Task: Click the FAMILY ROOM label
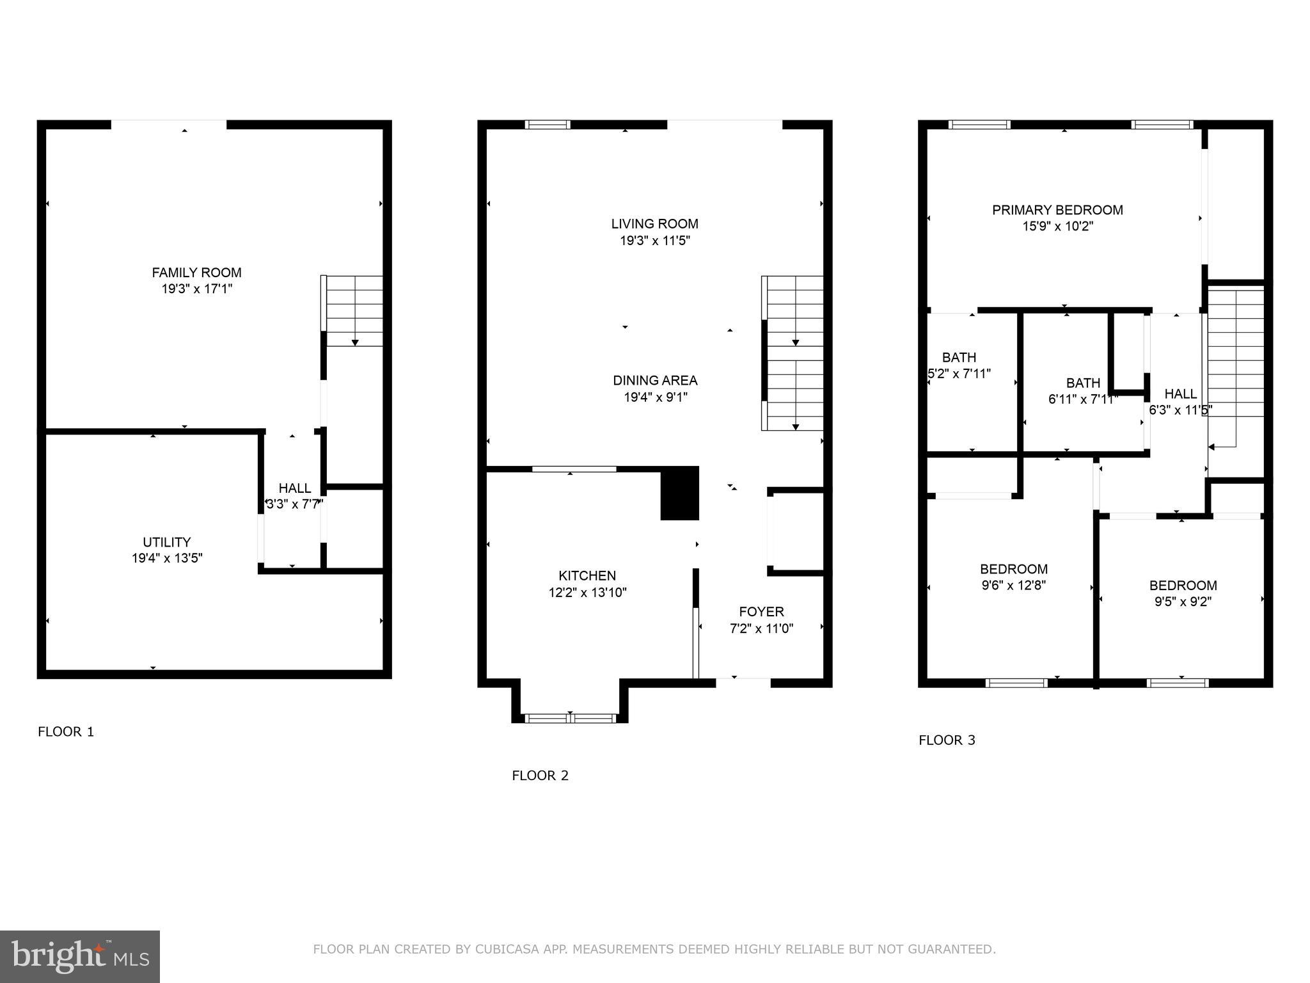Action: point(196,273)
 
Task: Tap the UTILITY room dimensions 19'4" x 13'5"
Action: point(167,558)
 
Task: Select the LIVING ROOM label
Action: point(654,224)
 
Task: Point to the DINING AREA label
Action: point(655,380)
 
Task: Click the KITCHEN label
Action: point(587,575)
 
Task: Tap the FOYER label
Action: point(761,611)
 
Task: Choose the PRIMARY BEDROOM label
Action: point(1057,210)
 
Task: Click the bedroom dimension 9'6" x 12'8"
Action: point(1013,585)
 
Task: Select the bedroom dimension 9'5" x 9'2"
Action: point(1183,602)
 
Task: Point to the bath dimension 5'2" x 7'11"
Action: point(959,374)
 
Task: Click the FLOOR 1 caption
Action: point(66,731)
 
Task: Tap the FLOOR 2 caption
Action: point(540,776)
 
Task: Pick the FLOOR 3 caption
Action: point(947,740)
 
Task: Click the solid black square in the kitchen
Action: point(679,493)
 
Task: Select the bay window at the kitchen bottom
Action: point(570,718)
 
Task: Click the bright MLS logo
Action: point(79,957)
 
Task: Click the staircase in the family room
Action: point(354,311)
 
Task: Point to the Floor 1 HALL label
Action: point(295,488)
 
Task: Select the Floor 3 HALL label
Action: point(1180,394)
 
